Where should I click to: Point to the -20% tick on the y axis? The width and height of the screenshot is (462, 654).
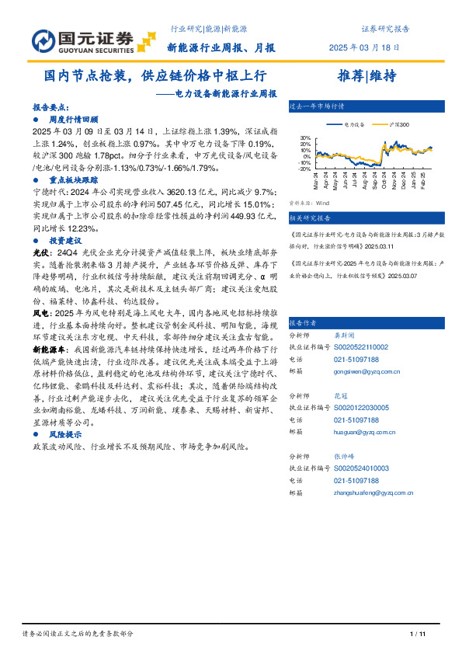click(x=304, y=168)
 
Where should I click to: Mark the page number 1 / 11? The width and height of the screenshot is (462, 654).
click(x=418, y=635)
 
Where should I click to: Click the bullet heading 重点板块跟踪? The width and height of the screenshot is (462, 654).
click(x=74, y=178)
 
